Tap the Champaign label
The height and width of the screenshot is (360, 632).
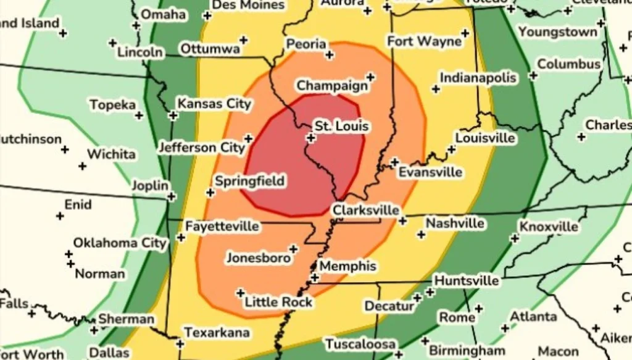[x=332, y=86]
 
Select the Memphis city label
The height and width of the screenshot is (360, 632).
[x=347, y=266]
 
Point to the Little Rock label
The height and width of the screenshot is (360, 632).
[x=278, y=302]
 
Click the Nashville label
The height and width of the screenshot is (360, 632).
[x=455, y=223]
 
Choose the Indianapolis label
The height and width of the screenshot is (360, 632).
[x=477, y=78]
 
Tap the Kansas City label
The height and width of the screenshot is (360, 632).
[x=214, y=104]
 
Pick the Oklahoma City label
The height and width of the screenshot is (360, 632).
[x=120, y=243]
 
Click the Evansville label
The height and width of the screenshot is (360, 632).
[x=430, y=172]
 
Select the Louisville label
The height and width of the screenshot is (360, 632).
[x=485, y=138]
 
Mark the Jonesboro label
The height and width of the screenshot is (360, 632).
[x=258, y=257]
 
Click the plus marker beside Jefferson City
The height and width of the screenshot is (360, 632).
[x=248, y=138]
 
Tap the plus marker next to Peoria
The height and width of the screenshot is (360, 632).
[x=330, y=55]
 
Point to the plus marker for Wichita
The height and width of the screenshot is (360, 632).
[x=82, y=166]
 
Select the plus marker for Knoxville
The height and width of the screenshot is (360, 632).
[x=512, y=238]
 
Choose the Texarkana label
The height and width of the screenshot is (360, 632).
[x=217, y=333]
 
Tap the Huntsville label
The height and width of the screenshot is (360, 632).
[x=466, y=281]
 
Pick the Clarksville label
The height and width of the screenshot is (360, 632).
[x=365, y=211]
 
